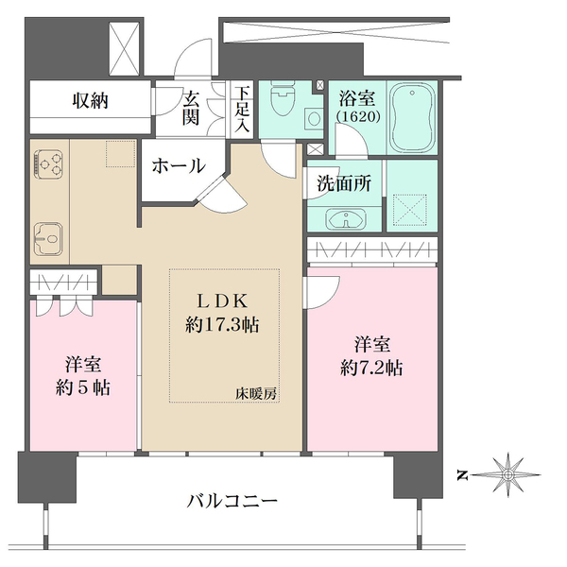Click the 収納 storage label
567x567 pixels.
click(x=91, y=101)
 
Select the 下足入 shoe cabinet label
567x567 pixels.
click(x=244, y=108)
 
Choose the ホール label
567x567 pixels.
click(x=179, y=166)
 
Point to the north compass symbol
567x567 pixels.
click(x=507, y=472)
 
